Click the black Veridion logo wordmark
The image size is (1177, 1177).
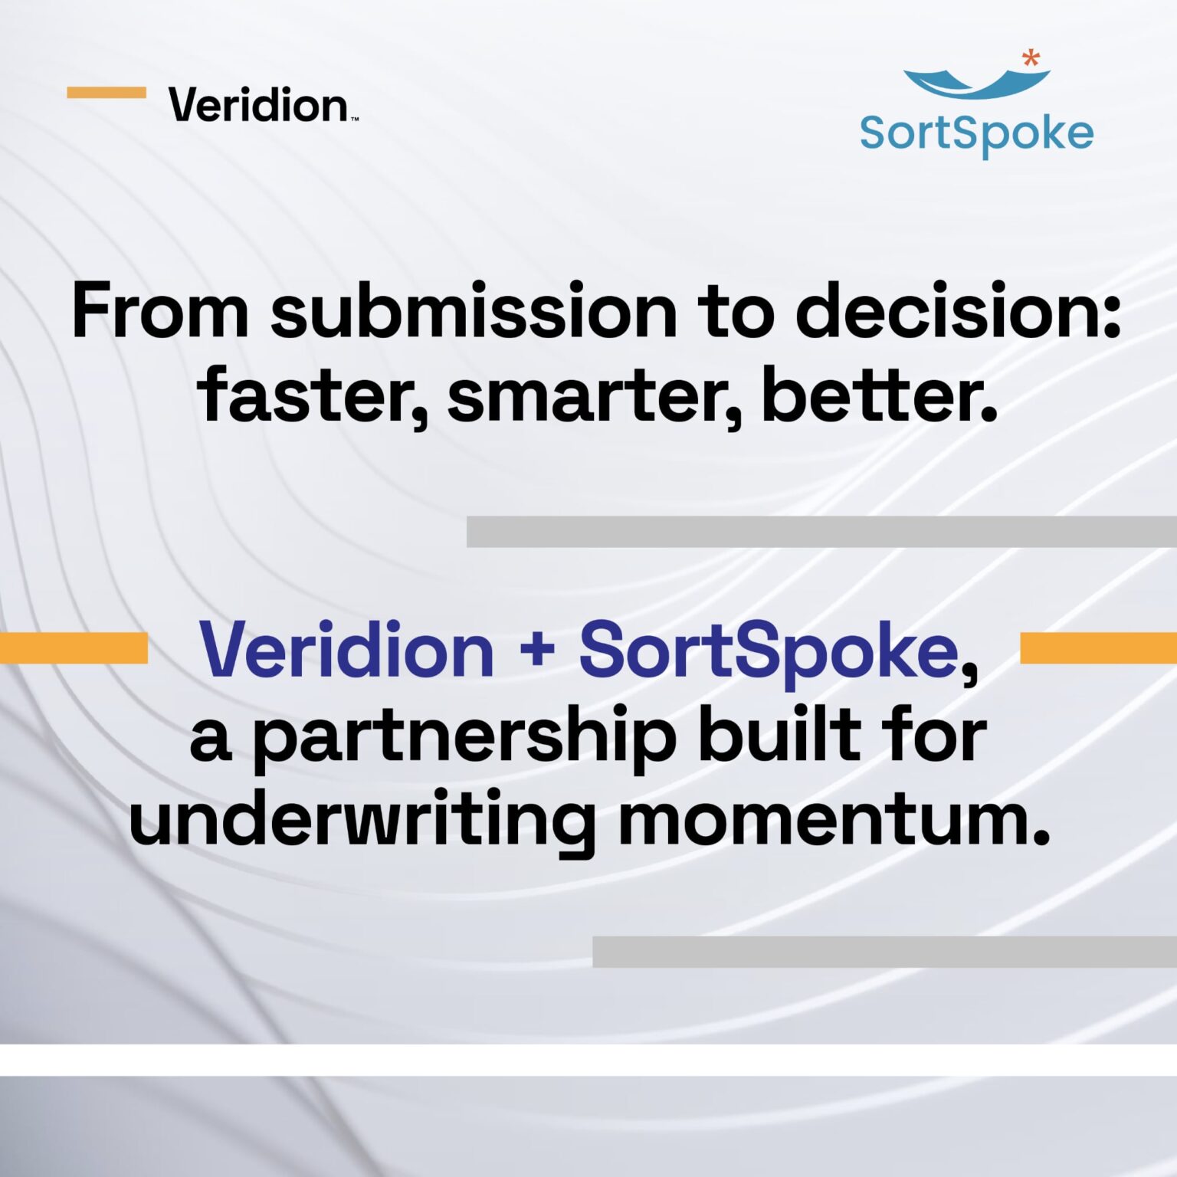(258, 105)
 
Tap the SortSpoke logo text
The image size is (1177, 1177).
(976, 134)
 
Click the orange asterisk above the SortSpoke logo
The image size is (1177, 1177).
(1031, 57)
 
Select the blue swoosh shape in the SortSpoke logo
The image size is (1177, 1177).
(975, 83)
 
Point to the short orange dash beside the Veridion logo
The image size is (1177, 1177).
(106, 93)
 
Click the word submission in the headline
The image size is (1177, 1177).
(474, 311)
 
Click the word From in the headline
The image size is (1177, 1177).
(160, 311)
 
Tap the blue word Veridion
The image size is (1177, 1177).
(346, 650)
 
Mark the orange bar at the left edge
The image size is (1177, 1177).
(74, 648)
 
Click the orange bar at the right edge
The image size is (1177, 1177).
(1098, 648)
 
